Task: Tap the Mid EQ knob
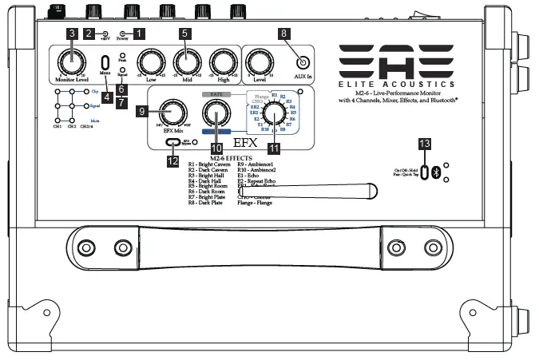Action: (x=184, y=61)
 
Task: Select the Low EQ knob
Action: (x=149, y=61)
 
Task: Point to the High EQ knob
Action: (x=221, y=61)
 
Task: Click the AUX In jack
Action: (x=303, y=63)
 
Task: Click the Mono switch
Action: (x=105, y=61)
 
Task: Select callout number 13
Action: (x=425, y=143)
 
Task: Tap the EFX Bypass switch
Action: (x=174, y=141)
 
